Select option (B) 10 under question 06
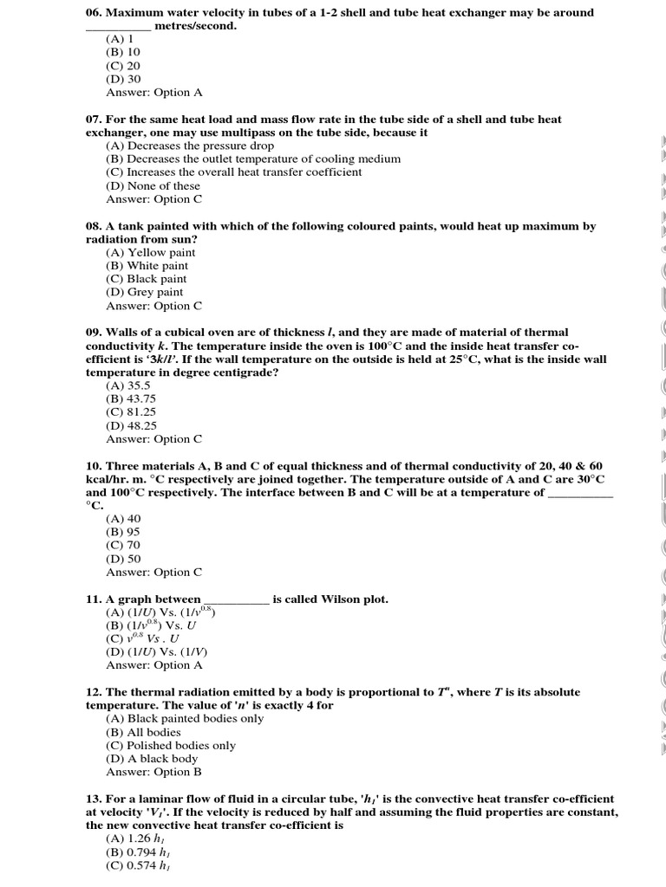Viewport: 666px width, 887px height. pyautogui.click(x=123, y=52)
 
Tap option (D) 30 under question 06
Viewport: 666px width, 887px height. pyautogui.click(x=123, y=79)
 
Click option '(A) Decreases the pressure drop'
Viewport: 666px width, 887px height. pyautogui.click(x=190, y=146)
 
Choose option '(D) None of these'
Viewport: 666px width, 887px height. pyautogui.click(x=153, y=185)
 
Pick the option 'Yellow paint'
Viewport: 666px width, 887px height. pyautogui.click(x=151, y=252)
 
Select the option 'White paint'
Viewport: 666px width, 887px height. pyautogui.click(x=147, y=266)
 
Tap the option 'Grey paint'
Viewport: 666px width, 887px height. pyautogui.click(x=145, y=292)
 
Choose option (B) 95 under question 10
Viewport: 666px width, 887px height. pyautogui.click(x=123, y=532)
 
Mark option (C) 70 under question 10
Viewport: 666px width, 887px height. pyautogui.click(x=123, y=546)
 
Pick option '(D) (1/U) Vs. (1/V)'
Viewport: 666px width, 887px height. pyautogui.click(x=157, y=651)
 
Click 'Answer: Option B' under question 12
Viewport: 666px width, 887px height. pyautogui.click(x=153, y=772)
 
